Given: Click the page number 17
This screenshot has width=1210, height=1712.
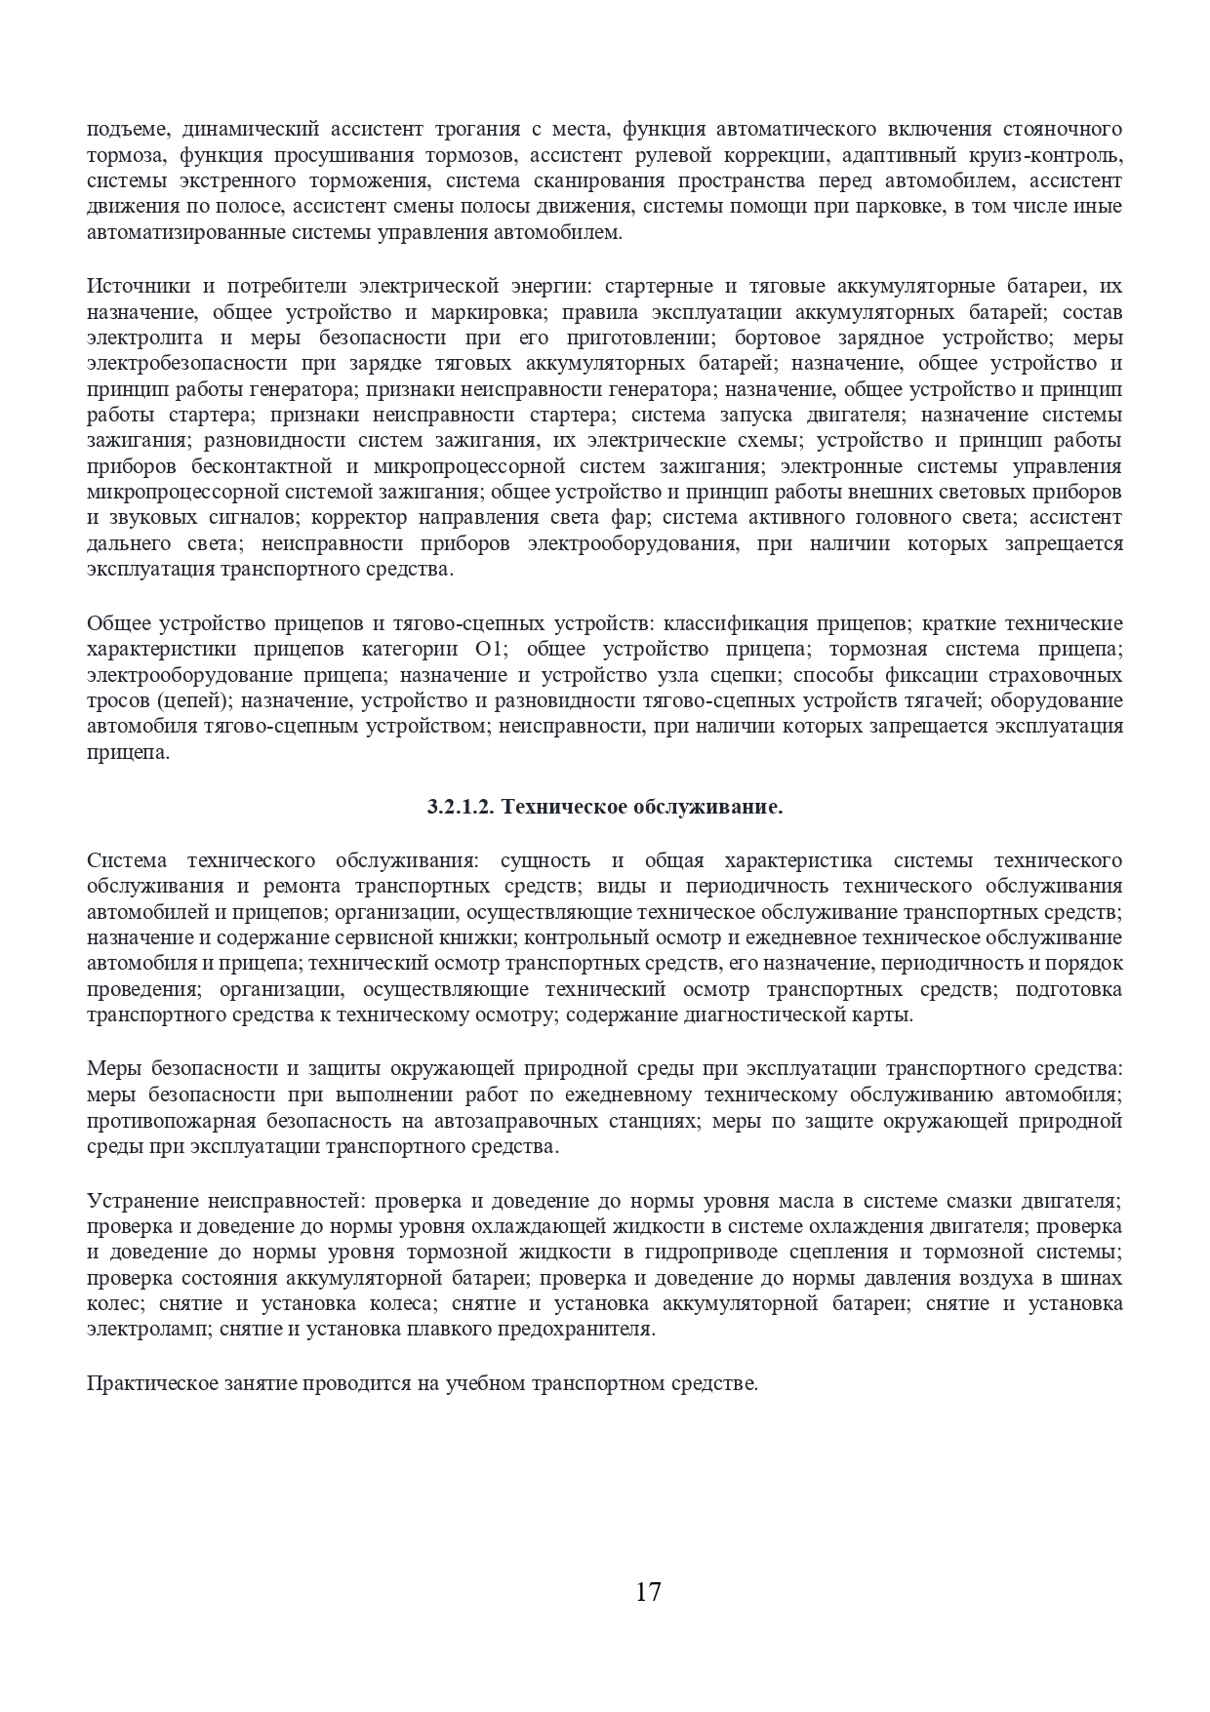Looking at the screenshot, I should tap(648, 1593).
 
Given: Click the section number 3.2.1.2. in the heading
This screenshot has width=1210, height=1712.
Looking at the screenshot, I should tap(462, 808).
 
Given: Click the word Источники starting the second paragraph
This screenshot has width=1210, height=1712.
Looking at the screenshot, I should tap(137, 287).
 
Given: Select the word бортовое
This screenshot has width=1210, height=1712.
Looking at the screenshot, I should tap(777, 338).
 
